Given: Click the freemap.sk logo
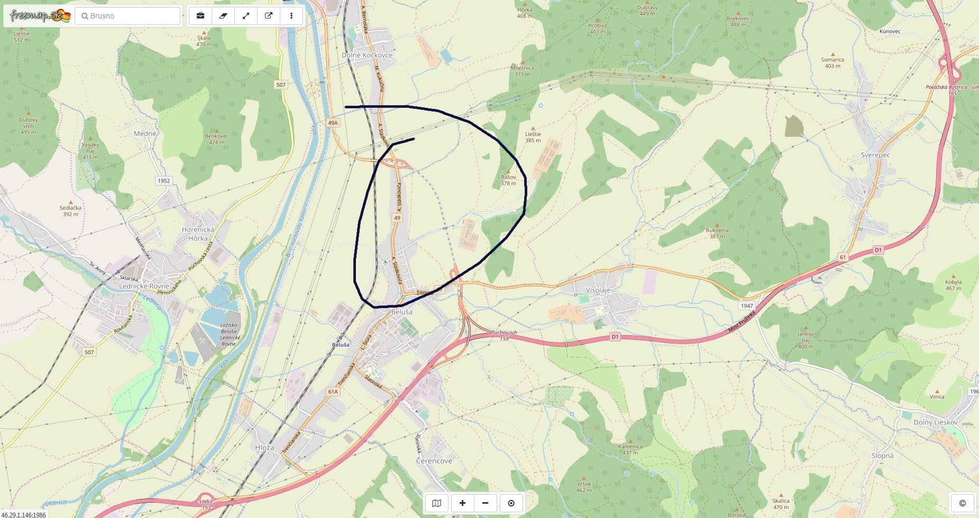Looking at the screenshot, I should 40,16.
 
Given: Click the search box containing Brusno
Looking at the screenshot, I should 129,16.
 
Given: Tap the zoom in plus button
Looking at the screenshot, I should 462,503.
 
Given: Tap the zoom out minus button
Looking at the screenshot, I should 486,503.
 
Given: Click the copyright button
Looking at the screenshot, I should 962,503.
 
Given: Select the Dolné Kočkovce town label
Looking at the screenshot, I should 367,55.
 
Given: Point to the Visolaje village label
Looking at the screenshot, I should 598,290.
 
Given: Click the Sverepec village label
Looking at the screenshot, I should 875,155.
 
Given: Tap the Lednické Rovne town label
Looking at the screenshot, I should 144,286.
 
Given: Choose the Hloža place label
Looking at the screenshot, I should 264,447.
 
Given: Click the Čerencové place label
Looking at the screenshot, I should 434,461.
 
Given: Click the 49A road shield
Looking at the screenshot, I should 332,123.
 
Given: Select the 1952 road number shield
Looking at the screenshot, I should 164,181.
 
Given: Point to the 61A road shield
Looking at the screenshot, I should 332,392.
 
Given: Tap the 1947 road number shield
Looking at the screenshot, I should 746,306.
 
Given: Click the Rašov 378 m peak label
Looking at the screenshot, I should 508,180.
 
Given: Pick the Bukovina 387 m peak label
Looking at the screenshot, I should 717,233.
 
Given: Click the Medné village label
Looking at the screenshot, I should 145,134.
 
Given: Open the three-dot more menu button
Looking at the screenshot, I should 291,16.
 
